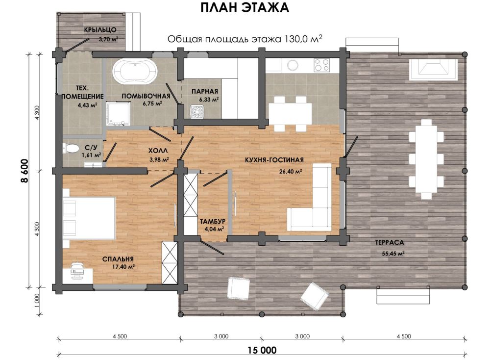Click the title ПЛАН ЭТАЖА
click(245, 8)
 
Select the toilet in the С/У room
click(70, 148)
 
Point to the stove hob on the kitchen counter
click(321, 65)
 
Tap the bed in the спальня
click(89, 218)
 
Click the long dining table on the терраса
click(426, 159)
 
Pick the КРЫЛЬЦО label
click(100, 30)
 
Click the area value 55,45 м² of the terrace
click(393, 254)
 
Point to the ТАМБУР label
click(213, 221)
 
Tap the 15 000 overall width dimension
click(262, 350)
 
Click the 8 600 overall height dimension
click(25, 171)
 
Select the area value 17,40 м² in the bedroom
click(123, 267)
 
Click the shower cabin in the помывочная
click(118, 113)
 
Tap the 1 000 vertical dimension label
click(37, 301)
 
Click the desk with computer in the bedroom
click(77, 273)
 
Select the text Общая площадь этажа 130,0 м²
click(245, 39)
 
